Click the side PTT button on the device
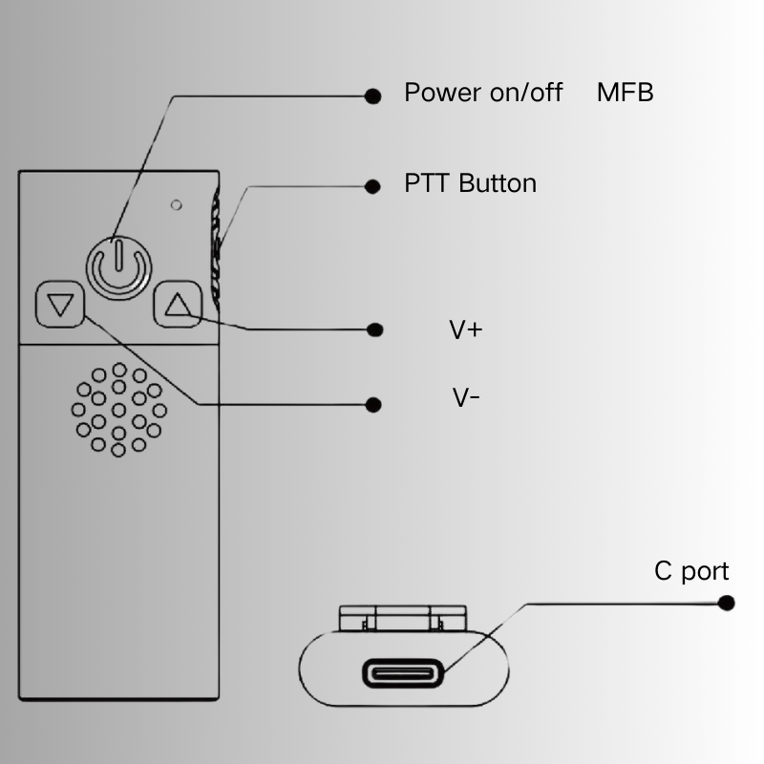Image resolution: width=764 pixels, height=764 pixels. (x=216, y=248)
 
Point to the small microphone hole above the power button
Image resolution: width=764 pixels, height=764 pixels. (x=176, y=204)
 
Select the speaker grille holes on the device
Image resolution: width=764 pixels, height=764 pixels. (x=118, y=410)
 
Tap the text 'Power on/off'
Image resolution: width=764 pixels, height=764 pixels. (x=483, y=93)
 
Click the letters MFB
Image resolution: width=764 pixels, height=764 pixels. (x=625, y=93)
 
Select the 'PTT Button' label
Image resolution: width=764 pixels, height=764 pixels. (x=470, y=183)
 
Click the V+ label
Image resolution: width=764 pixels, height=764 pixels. (x=466, y=330)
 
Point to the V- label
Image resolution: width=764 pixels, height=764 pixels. (x=466, y=398)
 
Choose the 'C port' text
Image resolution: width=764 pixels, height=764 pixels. (x=691, y=571)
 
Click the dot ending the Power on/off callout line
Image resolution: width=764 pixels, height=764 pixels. (x=373, y=95)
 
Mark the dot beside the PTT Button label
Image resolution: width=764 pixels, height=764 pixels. (x=373, y=186)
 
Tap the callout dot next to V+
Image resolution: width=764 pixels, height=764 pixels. (x=375, y=329)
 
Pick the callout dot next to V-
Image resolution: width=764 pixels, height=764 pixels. (x=373, y=405)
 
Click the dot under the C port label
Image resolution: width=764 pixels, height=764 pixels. (x=727, y=604)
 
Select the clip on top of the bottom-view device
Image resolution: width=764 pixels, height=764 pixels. (x=402, y=618)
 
